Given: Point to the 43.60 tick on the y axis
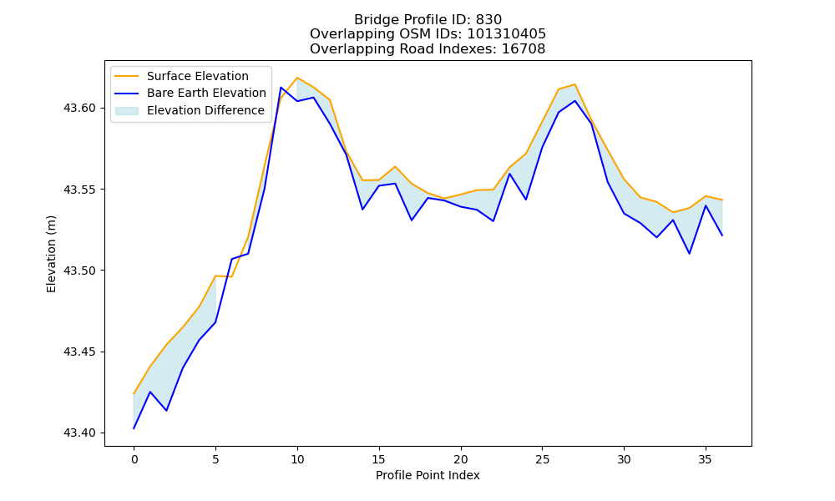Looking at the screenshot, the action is (x=79, y=108).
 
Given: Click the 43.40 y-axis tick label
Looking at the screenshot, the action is (x=79, y=433).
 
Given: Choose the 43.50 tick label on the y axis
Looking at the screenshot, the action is (x=79, y=271).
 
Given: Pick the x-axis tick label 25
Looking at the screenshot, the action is (x=542, y=459).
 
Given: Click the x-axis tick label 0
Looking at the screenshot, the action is (x=134, y=459).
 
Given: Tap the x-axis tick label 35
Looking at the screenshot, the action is (x=705, y=459).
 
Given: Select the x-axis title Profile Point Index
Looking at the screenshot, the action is (x=428, y=475).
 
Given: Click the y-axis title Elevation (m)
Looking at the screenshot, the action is (x=51, y=254).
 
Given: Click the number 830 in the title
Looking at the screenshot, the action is (x=488, y=20).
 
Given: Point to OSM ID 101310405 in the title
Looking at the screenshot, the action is (x=507, y=34).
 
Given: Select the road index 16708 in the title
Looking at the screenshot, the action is (x=524, y=49).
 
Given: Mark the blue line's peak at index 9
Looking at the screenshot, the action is (x=281, y=88).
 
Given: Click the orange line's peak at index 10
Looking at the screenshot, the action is (x=297, y=78).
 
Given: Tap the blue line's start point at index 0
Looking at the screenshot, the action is (x=134, y=428).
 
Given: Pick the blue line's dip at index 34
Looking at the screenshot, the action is (x=689, y=254).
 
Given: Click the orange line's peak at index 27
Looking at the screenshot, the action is (x=574, y=84).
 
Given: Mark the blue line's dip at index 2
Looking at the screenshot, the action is (x=166, y=411).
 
